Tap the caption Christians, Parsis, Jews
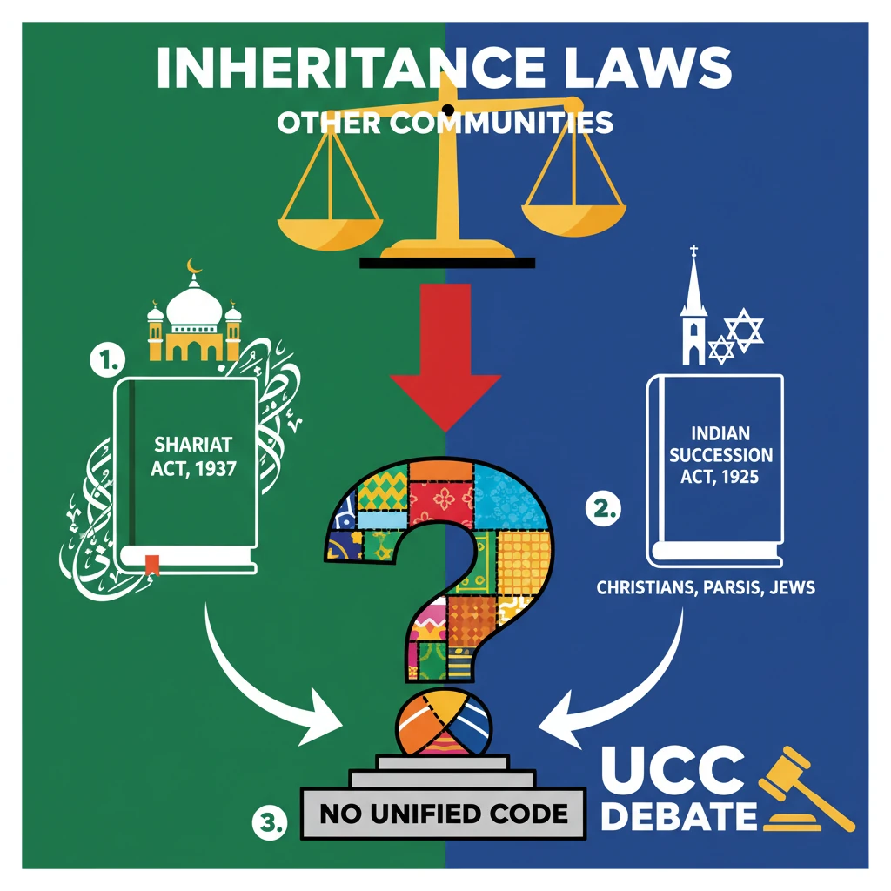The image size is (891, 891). coord(706,588)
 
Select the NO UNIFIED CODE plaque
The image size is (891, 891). coord(444,814)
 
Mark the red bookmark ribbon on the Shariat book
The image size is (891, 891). coord(152,564)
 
